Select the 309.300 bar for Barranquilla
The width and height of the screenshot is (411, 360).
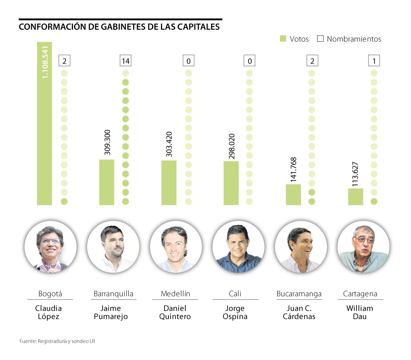tap(107, 182)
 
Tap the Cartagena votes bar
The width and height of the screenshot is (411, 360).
tap(356, 197)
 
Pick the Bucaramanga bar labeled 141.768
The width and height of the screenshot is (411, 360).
tap(293, 195)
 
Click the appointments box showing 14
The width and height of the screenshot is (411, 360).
tap(126, 61)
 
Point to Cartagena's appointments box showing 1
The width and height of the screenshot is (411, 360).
tap(374, 61)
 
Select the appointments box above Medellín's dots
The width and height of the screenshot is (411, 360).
tap(188, 61)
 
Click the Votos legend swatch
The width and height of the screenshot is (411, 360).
tap(283, 39)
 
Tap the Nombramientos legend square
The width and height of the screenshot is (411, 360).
tap(320, 39)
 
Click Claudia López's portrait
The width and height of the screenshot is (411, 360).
tap(51, 247)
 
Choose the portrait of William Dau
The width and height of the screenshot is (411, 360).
tap(363, 247)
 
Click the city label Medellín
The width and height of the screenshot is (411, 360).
tap(175, 294)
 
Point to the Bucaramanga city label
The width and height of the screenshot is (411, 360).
tap(299, 294)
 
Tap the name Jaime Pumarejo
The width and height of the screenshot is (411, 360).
tap(111, 312)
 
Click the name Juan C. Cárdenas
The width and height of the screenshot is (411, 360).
tap(299, 312)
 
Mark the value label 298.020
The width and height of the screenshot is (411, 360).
tap(232, 146)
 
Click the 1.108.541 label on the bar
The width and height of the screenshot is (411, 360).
tap(45, 62)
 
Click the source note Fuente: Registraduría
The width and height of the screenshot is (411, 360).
tap(57, 341)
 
